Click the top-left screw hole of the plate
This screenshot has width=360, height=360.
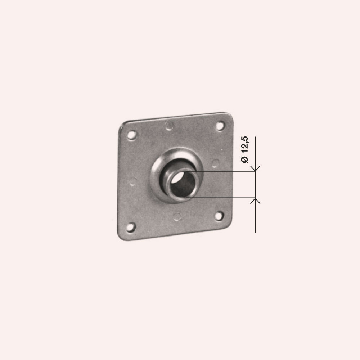(132, 135)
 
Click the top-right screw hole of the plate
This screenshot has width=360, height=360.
(220, 126)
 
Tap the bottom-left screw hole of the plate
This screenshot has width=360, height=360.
(131, 227)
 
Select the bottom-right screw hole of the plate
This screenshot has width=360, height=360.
(219, 216)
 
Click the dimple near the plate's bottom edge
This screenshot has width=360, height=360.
(177, 216)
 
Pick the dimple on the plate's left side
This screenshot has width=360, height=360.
(133, 181)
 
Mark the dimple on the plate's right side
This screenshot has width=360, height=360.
(215, 163)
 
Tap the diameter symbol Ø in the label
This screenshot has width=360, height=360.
(245, 159)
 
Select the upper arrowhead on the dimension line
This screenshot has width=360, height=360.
(255, 169)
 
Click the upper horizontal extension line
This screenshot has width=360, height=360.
(223, 171)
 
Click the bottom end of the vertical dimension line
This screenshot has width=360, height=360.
(255, 232)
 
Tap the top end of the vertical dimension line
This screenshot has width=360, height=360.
(255, 138)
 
